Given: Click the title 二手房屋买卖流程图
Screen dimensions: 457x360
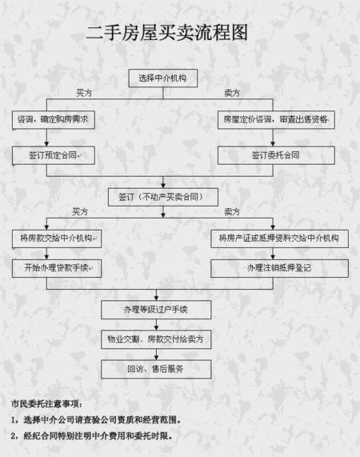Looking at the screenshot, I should tap(167, 33).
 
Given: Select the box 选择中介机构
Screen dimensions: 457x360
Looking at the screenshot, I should tap(162, 78).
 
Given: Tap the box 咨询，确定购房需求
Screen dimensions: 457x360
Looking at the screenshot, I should tap(53, 120).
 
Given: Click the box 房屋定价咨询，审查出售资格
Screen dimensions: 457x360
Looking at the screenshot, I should tap(275, 120).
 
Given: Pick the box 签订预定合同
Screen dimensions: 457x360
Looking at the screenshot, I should tap(53, 155).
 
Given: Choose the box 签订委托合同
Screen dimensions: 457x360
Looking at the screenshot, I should tap(275, 155).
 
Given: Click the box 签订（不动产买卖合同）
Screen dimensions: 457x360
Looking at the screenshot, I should tap(162, 196).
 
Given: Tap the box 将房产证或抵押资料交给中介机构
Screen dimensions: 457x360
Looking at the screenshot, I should tap(279, 239).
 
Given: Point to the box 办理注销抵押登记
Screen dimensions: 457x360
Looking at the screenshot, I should tap(279, 268).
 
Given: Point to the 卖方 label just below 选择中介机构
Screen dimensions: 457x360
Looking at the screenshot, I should tap(232, 94).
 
